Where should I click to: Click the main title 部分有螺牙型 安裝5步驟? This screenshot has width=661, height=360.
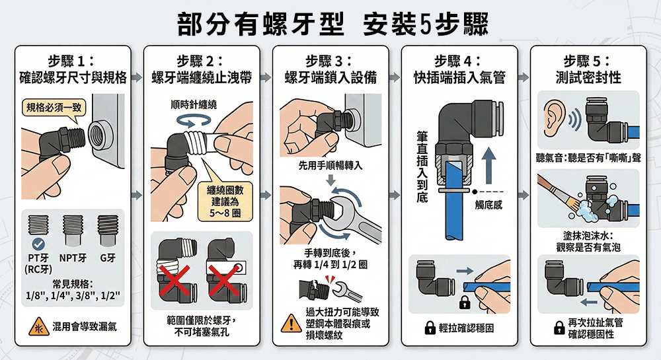332,23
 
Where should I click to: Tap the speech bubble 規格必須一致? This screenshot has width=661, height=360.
54,108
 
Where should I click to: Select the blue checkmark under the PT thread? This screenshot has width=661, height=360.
38,244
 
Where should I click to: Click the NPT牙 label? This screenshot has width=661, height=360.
73,258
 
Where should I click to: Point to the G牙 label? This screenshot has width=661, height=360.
108,258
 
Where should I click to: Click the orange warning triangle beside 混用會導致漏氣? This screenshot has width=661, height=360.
39,327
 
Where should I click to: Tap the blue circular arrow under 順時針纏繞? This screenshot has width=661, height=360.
194,121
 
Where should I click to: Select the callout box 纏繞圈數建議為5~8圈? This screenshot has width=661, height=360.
225,201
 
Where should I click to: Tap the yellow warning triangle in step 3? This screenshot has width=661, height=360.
290,324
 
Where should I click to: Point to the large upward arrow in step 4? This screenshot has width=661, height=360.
488,166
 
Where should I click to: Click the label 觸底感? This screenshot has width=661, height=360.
488,205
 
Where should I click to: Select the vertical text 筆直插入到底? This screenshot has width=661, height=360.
422,166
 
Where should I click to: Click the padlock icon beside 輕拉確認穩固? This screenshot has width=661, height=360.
430,328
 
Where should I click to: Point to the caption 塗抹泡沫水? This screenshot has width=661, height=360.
588,235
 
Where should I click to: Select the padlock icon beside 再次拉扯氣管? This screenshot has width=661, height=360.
559,328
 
